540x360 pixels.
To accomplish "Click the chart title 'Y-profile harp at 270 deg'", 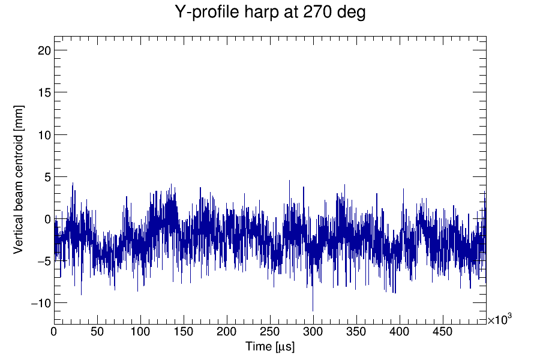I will tap(270, 13).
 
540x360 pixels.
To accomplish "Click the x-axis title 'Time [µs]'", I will tap(269, 347).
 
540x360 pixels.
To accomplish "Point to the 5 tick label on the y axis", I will tap(46, 177).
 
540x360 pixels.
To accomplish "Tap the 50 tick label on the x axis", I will tap(97, 331).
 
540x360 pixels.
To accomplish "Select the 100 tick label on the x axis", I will tap(140, 331).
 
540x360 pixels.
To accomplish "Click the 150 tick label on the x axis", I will tap(184, 331).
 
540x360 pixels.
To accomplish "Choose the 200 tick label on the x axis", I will tap(227, 331).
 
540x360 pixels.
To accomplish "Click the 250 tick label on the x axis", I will tap(270, 331).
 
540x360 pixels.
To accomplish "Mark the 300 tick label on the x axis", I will tap(313, 331).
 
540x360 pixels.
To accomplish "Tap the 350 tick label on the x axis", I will tap(356, 331).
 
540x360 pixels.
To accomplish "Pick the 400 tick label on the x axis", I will tap(400, 331).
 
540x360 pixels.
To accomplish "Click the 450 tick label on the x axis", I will tap(443, 331).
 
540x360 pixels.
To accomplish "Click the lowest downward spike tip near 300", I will tap(313, 311).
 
